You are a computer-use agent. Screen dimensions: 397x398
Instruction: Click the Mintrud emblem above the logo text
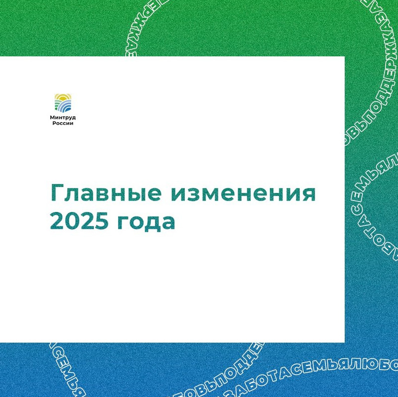tap(63, 103)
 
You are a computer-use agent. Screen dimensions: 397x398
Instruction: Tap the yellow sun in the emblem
tap(63, 97)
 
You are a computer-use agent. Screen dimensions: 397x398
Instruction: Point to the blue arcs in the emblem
tap(65, 107)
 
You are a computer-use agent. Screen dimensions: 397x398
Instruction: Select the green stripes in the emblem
tap(57, 105)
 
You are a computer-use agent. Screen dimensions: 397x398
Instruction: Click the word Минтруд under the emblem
tap(63, 118)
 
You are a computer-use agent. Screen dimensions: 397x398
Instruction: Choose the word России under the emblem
tap(63, 123)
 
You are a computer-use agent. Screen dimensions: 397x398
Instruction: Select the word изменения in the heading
tap(243, 194)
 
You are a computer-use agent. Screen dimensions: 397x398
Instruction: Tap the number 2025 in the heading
tap(79, 221)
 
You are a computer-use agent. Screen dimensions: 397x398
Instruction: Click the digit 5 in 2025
tap(101, 221)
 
